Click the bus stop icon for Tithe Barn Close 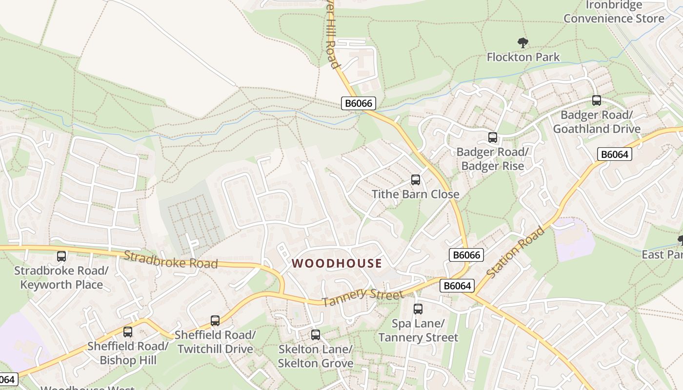416,180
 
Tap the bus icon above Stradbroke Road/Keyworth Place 61,256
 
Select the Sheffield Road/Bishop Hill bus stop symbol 128,332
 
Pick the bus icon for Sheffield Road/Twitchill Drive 215,321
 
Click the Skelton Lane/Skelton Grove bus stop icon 316,335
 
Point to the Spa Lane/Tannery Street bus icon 418,309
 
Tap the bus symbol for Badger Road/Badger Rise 493,137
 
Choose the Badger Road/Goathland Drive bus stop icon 597,101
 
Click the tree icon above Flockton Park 523,43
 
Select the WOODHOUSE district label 337,264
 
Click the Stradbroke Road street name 170,260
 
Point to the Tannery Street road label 363,296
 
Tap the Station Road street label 516,253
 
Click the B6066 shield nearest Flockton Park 358,103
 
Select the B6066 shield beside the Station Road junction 466,255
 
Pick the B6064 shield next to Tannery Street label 457,286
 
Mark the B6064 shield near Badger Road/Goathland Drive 614,155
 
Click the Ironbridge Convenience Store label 614,12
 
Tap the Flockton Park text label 523,57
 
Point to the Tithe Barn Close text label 416,194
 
